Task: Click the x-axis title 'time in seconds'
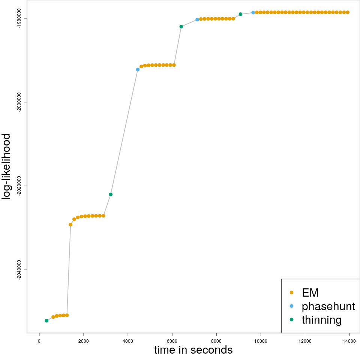click(x=193, y=350)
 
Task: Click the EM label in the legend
click(x=310, y=292)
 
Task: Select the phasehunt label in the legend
click(x=328, y=306)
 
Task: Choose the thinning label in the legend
click(x=321, y=320)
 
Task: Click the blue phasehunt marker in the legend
click(x=292, y=306)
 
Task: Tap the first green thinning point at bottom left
click(x=46, y=321)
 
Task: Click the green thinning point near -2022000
click(x=111, y=194)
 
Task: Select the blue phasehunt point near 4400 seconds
click(x=138, y=69)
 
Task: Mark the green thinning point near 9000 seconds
click(x=240, y=14)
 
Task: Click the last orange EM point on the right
click(x=348, y=12)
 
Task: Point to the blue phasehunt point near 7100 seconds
click(x=197, y=19)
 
